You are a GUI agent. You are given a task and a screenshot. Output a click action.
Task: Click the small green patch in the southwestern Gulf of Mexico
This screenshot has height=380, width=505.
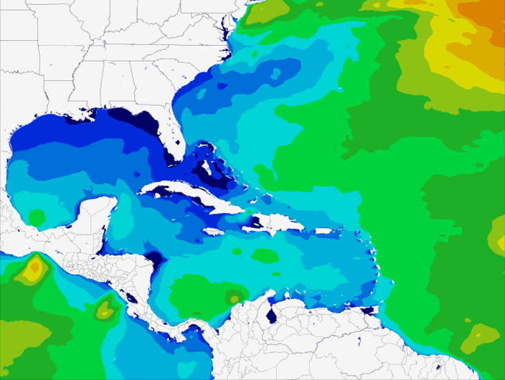click(x=36, y=218)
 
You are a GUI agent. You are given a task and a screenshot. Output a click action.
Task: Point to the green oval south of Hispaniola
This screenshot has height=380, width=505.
click(x=264, y=255)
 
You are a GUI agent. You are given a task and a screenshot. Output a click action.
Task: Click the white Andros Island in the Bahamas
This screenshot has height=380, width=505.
click(x=205, y=170)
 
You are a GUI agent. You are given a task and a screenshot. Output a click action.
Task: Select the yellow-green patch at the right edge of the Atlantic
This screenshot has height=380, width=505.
click(x=497, y=235)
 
